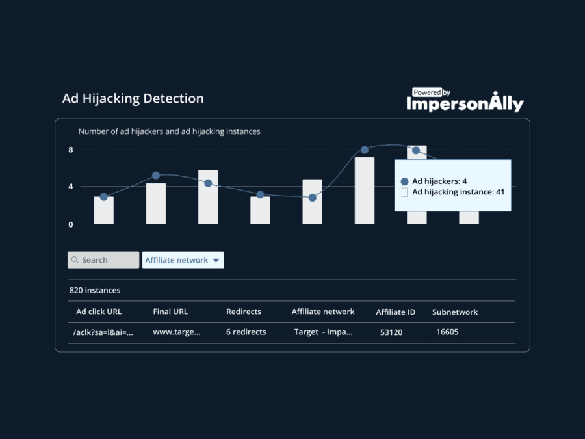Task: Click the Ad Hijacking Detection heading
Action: tap(133, 99)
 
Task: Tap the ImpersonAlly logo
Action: tap(465, 101)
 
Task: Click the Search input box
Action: tap(103, 260)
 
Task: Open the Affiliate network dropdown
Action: tap(183, 260)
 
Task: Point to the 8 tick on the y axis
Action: tap(71, 150)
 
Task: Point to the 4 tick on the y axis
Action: tap(71, 187)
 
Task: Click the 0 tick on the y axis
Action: tap(71, 224)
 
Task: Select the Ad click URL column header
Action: tap(99, 312)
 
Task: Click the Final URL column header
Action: tap(170, 312)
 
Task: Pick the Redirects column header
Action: tap(243, 312)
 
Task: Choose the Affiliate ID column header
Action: tap(395, 312)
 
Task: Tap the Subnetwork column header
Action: tap(455, 312)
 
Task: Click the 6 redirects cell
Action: tap(246, 332)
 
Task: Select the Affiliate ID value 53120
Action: tap(391, 332)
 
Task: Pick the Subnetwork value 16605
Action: tap(447, 332)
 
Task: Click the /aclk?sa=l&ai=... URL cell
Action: tap(103, 332)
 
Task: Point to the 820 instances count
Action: tap(95, 291)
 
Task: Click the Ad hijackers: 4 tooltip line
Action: tap(439, 181)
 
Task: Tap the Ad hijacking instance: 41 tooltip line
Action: tap(458, 193)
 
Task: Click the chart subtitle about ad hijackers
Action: tap(169, 131)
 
